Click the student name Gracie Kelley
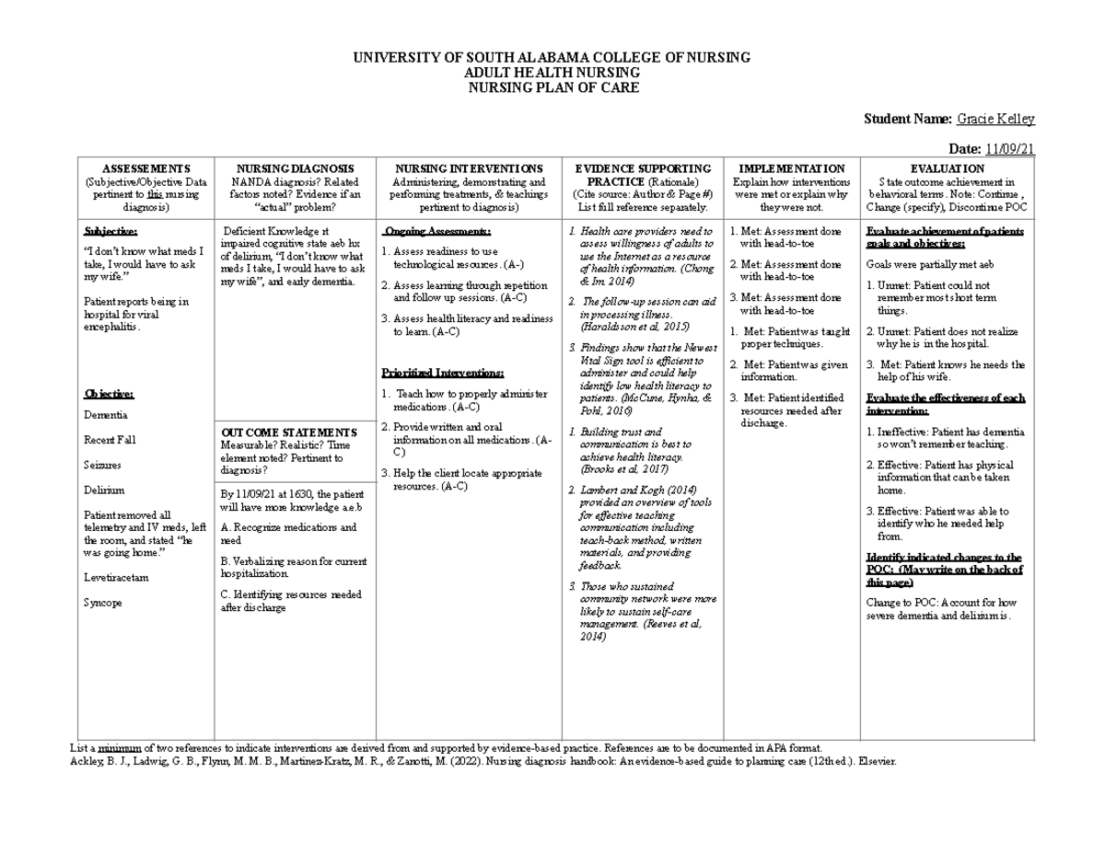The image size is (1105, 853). [x=996, y=119]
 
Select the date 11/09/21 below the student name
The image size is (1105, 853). [x=1010, y=150]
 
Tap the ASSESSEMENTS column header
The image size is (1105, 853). [x=146, y=169]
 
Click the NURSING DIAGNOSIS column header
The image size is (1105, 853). [x=295, y=169]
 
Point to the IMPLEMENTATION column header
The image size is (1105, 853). [x=792, y=169]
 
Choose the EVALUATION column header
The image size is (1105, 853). [x=947, y=169]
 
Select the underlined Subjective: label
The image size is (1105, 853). [x=110, y=231]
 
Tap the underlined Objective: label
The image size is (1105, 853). [x=109, y=394]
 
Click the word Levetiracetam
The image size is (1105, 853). [x=116, y=578]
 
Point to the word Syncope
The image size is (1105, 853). [x=103, y=603]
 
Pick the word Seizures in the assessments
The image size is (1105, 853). [x=104, y=466]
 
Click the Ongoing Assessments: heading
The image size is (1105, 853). [x=437, y=231]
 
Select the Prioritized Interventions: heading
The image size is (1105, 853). [x=443, y=373]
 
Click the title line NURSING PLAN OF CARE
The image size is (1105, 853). [x=552, y=88]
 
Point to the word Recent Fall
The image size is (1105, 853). [x=110, y=440]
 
